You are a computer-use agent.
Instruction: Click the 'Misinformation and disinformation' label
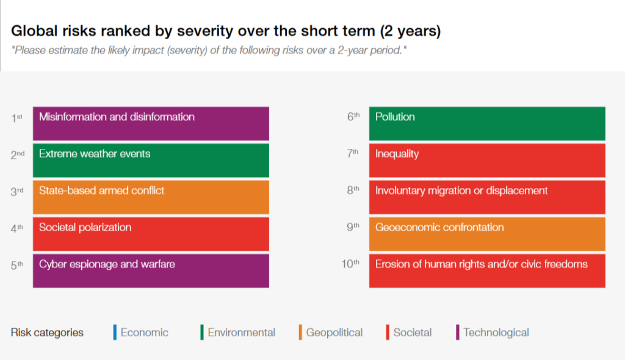117,117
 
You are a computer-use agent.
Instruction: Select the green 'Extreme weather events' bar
151,160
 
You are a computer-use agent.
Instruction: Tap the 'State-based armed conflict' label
101,190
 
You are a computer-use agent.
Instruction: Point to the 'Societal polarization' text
85,228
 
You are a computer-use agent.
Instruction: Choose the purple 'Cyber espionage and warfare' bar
151,270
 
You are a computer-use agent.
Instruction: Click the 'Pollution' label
395,117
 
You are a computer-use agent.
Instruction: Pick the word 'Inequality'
397,154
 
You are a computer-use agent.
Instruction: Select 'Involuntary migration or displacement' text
461,190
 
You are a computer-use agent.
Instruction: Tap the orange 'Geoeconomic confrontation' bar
486,234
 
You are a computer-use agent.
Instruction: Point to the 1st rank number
16,118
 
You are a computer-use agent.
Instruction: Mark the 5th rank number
16,264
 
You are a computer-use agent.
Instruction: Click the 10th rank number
351,264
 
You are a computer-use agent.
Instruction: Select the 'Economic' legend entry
144,333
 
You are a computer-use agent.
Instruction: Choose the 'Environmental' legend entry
241,333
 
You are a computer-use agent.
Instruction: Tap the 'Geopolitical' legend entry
334,333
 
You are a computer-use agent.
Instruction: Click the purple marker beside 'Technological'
458,333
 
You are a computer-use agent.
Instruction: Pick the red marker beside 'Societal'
388,333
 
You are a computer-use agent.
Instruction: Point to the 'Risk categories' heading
47,333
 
